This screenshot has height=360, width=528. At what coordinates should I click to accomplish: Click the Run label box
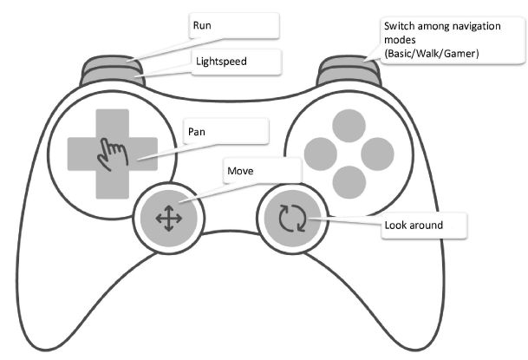pos(234,26)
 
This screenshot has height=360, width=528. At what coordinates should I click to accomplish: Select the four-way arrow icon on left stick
pos(168,219)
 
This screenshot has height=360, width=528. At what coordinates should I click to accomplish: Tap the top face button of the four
pos(349,122)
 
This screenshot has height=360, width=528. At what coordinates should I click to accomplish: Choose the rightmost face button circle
pos(378,152)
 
